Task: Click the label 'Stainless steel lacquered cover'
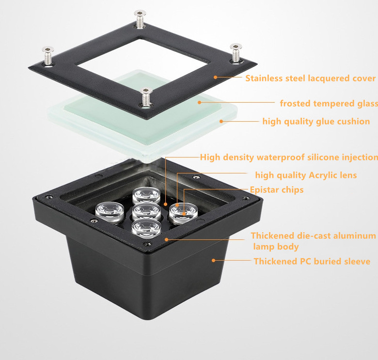310,78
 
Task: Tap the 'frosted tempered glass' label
329,103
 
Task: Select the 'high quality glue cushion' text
316,121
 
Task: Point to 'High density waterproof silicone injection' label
289,157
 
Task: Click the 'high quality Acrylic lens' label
306,175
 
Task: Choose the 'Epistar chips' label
277,189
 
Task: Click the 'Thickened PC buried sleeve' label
312,261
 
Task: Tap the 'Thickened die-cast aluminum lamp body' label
313,241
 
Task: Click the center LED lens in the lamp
146,211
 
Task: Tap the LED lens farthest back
146,194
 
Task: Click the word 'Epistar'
265,189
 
